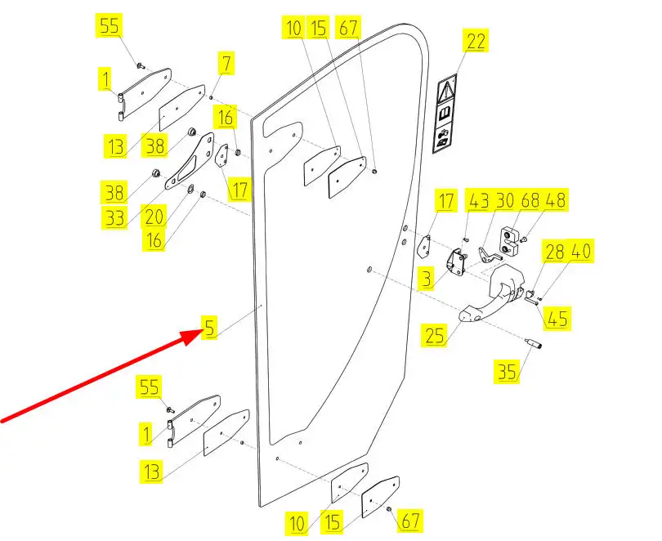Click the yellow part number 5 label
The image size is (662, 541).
tap(210, 329)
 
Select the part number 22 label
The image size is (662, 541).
tap(476, 41)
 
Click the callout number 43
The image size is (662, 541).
tap(478, 199)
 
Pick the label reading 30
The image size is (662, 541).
tap(506, 199)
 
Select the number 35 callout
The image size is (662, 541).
tap(507, 373)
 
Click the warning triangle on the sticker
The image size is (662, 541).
tap(447, 88)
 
